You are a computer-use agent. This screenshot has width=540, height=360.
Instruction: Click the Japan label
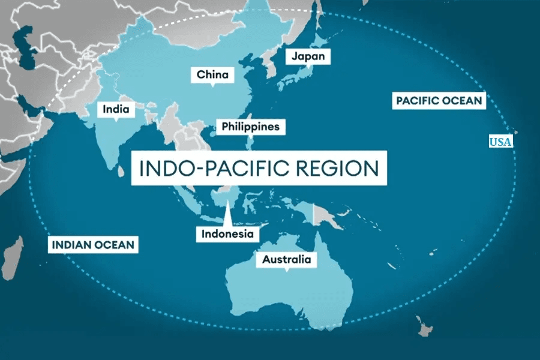tap(308, 57)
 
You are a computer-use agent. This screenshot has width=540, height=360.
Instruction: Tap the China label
tap(213, 75)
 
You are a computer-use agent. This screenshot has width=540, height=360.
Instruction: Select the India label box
tap(116, 110)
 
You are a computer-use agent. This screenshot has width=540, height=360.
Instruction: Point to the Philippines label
tap(250, 127)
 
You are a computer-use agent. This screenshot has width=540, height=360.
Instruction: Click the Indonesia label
tap(227, 234)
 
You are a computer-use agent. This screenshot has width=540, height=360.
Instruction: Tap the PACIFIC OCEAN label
tap(439, 100)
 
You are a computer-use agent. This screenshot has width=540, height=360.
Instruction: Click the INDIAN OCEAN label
tap(94, 245)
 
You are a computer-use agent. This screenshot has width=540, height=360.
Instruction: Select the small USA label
tap(500, 142)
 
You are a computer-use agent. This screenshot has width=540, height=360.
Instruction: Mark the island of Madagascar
tap(13, 254)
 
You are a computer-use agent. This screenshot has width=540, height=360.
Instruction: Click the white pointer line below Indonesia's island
tap(228, 215)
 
